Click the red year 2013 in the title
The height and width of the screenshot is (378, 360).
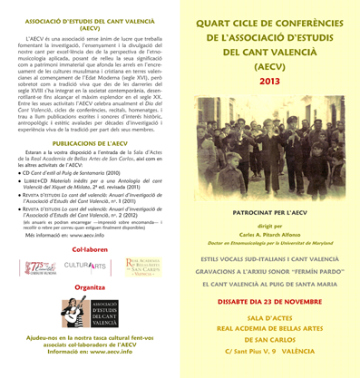[269, 82]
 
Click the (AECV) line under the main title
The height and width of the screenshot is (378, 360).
[269, 66]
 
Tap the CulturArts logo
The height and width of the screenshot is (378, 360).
[88, 267]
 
